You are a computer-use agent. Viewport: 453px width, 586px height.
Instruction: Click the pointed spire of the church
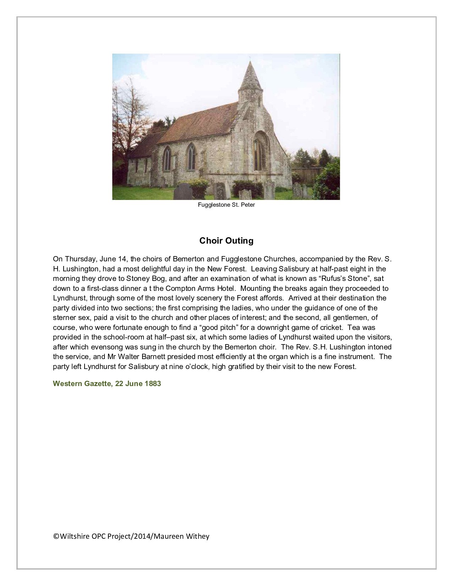pyautogui.click(x=250, y=76)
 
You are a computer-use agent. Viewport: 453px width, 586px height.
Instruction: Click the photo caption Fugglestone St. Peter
pyautogui.click(x=226, y=205)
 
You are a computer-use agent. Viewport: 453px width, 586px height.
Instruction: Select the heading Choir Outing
pyautogui.click(x=226, y=241)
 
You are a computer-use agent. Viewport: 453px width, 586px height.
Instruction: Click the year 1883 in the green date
pyautogui.click(x=153, y=384)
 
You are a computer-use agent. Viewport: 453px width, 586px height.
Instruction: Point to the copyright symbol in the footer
pyautogui.click(x=56, y=536)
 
